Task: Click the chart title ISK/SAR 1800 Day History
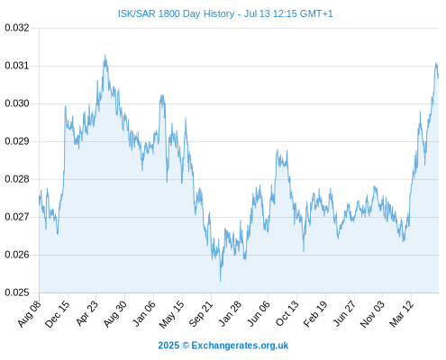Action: [x=176, y=13]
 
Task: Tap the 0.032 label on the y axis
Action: [x=17, y=28]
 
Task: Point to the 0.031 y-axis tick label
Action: [x=17, y=66]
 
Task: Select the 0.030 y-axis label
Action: [x=17, y=103]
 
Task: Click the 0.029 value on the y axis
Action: [x=17, y=141]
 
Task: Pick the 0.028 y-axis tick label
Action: [x=17, y=179]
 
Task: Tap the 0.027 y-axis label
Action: [x=17, y=217]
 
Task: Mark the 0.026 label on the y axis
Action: [x=17, y=255]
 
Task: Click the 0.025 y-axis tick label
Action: [x=17, y=292]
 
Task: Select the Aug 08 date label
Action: [x=29, y=313]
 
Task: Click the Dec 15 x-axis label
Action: [x=57, y=313]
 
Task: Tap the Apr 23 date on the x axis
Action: [x=86, y=313]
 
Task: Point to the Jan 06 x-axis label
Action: [x=144, y=313]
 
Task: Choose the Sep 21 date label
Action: [x=201, y=313]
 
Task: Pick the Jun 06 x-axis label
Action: [x=259, y=313]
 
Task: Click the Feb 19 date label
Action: [x=314, y=313]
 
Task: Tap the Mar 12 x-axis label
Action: [x=401, y=313]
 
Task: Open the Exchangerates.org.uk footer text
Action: [x=240, y=346]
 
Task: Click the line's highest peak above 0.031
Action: [x=105, y=55]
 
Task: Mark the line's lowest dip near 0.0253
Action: [x=220, y=281]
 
